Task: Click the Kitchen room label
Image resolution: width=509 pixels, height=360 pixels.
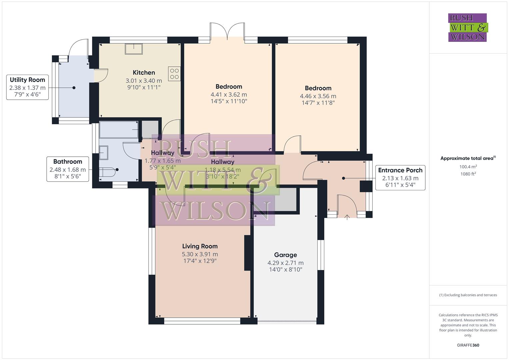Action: pyautogui.click(x=144, y=73)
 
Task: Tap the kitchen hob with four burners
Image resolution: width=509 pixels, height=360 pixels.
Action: pyautogui.click(x=174, y=74)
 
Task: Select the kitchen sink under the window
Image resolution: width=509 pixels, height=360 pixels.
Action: pyautogui.click(x=134, y=49)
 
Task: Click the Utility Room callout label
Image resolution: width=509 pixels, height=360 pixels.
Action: pyautogui.click(x=27, y=80)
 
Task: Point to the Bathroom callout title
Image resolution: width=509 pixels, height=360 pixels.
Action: pyautogui.click(x=68, y=162)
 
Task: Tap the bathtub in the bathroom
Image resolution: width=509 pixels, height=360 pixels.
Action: pyautogui.click(x=119, y=130)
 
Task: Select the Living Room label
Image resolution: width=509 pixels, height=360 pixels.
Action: pyautogui.click(x=200, y=246)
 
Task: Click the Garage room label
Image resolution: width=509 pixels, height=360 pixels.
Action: pyautogui.click(x=285, y=255)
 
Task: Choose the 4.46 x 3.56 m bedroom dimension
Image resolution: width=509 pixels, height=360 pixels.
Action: pyautogui.click(x=318, y=96)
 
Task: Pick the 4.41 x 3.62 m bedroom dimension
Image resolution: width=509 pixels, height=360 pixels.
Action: pyautogui.click(x=229, y=95)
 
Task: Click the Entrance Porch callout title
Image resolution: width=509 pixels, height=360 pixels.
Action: pyautogui.click(x=400, y=170)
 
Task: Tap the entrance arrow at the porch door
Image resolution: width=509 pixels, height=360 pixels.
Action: pyautogui.click(x=347, y=218)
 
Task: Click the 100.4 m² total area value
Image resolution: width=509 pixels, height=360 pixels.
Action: pyautogui.click(x=468, y=167)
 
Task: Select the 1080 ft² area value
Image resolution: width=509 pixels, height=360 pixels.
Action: pyautogui.click(x=468, y=174)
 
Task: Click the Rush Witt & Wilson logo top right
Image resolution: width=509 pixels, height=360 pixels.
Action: pyautogui.click(x=467, y=27)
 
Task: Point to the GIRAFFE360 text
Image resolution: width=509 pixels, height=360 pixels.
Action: pyautogui.click(x=468, y=345)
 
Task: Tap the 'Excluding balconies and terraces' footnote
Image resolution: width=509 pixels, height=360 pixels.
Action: pyautogui.click(x=468, y=295)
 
